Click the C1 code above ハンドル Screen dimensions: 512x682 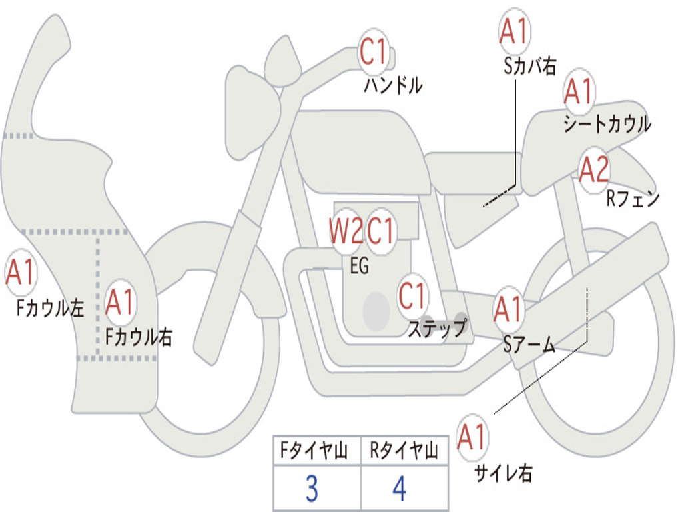point(374,52)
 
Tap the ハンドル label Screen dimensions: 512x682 point(393,85)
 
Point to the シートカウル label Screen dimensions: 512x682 point(607,124)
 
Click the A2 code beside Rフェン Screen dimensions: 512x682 point(593,171)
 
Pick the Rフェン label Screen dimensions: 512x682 point(632,199)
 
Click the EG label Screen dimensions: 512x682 point(359,265)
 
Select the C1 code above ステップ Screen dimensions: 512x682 point(412,295)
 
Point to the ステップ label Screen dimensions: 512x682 point(437,329)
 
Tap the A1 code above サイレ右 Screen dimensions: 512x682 point(472,438)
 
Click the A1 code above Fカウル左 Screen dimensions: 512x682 point(20,274)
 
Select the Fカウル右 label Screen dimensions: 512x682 point(139,337)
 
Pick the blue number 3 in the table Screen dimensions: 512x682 point(311,489)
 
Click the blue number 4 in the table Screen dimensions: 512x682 point(399,489)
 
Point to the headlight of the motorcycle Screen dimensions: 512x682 point(252,111)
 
